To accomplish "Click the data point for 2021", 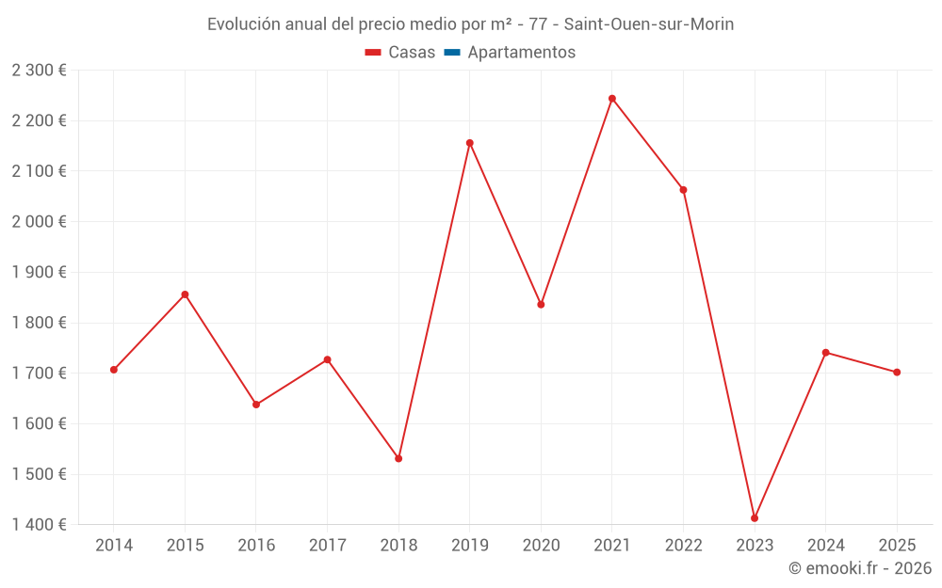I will click(x=612, y=99).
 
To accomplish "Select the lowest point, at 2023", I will click(x=755, y=518).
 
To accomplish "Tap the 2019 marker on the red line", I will click(x=470, y=143).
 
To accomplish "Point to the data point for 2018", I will click(x=398, y=458).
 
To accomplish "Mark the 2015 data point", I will click(x=185, y=294).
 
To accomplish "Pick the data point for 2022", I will click(x=683, y=190).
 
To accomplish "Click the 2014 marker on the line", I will click(x=114, y=370).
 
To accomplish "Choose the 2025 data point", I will click(x=897, y=373).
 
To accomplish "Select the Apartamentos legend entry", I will click(x=521, y=53).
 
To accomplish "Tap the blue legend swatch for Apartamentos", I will click(x=452, y=53).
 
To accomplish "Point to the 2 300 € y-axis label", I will click(x=39, y=70).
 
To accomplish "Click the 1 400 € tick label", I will click(x=39, y=525).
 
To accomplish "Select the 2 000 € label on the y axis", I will click(x=39, y=221).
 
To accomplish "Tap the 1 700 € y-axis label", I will click(x=39, y=373).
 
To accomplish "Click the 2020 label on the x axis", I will click(x=541, y=546).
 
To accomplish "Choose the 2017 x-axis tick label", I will click(x=327, y=546).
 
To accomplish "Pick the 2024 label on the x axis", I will click(x=825, y=546).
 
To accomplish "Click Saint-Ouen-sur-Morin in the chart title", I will click(x=648, y=24).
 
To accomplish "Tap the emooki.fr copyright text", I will click(x=860, y=568).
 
